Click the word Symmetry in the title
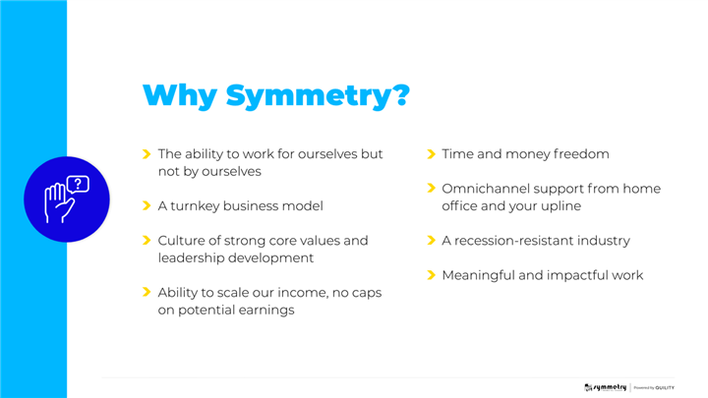[x=318, y=96]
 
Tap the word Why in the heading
[x=180, y=96]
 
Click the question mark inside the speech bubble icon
[x=78, y=184]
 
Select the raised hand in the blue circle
[x=59, y=203]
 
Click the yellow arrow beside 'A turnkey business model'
[x=147, y=205]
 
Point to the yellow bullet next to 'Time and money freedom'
[x=431, y=154]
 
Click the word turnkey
[x=195, y=206]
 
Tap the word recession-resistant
[x=506, y=241]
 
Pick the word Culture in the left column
[x=181, y=241]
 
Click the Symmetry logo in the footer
[x=605, y=387]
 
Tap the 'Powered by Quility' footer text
[x=654, y=387]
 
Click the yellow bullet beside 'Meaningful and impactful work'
[x=431, y=275]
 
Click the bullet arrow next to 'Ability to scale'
[x=147, y=292]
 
